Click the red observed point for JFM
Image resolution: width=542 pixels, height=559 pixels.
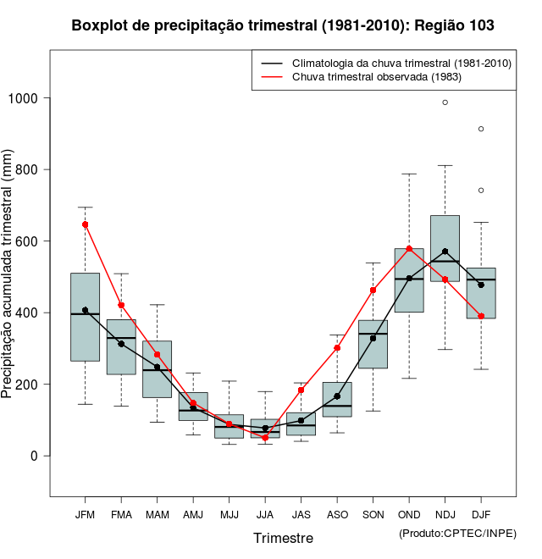click(x=85, y=224)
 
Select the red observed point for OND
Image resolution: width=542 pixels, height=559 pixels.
click(x=409, y=249)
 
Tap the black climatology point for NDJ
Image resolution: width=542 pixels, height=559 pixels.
click(x=445, y=252)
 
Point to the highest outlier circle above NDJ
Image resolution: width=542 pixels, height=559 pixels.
click(x=445, y=102)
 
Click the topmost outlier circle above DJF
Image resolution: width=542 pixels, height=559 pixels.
click(x=481, y=129)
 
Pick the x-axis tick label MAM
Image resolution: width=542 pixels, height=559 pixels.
click(x=157, y=515)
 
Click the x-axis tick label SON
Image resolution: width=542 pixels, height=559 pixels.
click(x=373, y=515)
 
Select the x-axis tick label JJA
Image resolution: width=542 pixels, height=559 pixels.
click(x=265, y=515)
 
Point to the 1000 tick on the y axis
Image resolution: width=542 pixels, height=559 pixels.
click(x=27, y=98)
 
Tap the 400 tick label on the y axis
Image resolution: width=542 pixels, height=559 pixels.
click(x=27, y=313)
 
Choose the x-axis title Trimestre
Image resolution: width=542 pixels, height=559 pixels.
click(x=283, y=538)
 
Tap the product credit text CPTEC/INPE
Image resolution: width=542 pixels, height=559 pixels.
click(x=457, y=533)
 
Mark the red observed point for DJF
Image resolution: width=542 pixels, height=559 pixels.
click(x=481, y=316)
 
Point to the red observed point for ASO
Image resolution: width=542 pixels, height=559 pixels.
click(x=337, y=348)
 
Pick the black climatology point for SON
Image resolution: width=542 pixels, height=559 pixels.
click(x=373, y=338)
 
